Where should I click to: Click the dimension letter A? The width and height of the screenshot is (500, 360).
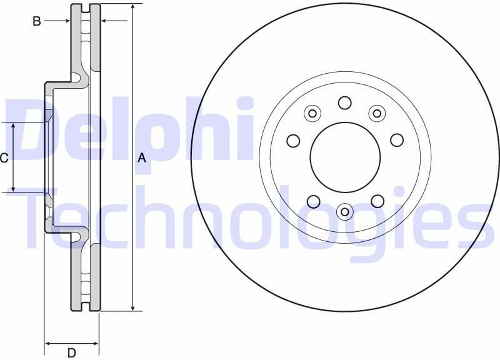click(142, 158)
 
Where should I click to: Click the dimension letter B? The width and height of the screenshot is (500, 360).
click(37, 21)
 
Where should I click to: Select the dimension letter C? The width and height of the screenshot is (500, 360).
click(4, 158)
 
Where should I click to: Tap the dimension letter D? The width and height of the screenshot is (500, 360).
click(72, 353)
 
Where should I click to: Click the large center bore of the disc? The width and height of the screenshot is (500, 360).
click(345, 157)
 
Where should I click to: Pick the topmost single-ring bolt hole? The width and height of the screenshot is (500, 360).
click(345, 102)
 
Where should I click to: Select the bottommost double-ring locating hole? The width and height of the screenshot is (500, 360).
click(345, 212)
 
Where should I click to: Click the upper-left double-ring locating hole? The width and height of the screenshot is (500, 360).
click(312, 113)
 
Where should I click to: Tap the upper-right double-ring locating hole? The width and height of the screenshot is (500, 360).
click(377, 113)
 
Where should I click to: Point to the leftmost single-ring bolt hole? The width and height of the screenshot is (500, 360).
click(293, 141)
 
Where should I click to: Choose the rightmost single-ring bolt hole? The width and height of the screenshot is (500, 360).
click(397, 140)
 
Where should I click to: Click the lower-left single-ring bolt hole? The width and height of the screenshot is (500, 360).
click(313, 201)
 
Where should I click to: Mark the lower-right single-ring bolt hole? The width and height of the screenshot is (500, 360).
click(377, 201)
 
